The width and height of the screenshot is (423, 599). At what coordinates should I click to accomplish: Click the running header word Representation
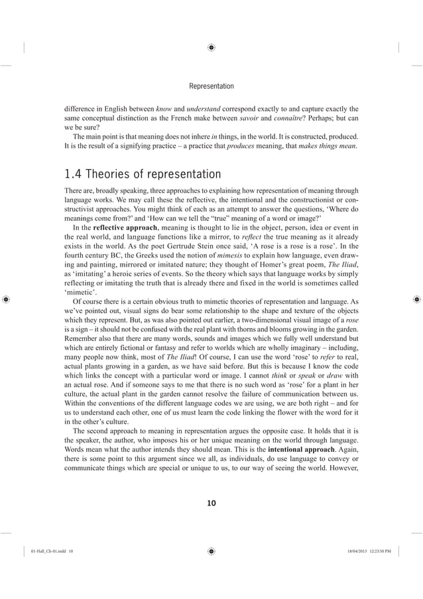pyautogui.click(x=211, y=86)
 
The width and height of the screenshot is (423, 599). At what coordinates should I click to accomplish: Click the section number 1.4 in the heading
pyautogui.click(x=74, y=175)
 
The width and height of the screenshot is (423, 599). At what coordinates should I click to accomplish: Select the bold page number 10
pyautogui.click(x=211, y=503)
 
